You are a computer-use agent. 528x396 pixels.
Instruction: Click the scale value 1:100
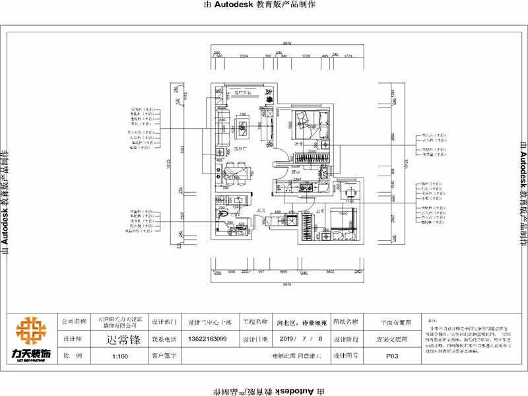click(x=119, y=355)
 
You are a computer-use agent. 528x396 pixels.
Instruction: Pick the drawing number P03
click(x=391, y=355)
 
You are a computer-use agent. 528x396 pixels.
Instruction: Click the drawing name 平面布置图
click(x=396, y=323)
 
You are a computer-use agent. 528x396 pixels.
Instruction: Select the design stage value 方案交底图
click(x=391, y=339)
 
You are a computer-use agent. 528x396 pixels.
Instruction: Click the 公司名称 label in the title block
click(x=74, y=322)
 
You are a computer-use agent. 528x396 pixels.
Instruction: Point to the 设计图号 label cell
click(x=346, y=355)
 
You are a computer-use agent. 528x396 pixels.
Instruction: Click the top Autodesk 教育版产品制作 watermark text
click(x=263, y=5)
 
